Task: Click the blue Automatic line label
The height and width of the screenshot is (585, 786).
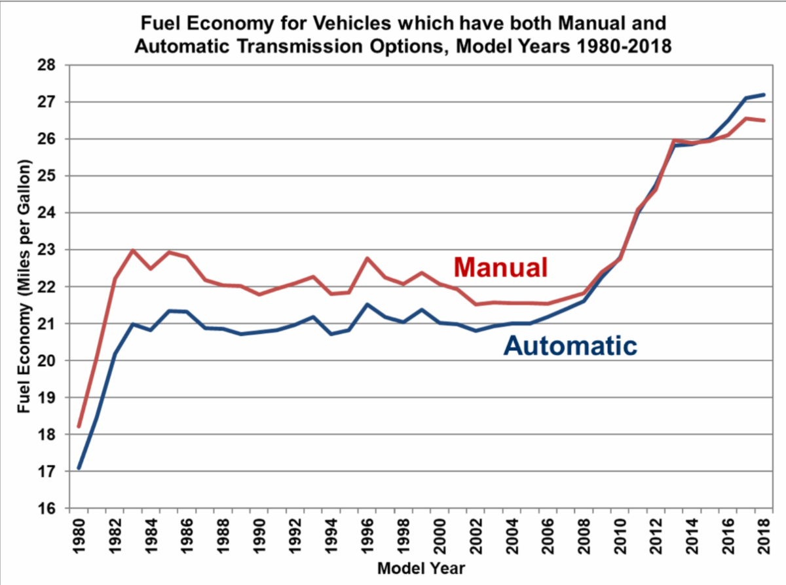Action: click(x=571, y=345)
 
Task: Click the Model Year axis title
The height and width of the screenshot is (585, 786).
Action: click(x=421, y=567)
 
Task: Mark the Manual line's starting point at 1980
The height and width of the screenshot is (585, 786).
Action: click(x=79, y=426)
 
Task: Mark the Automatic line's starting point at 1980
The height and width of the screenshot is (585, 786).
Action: click(x=79, y=468)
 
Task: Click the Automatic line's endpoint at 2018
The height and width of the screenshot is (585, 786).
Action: click(x=764, y=95)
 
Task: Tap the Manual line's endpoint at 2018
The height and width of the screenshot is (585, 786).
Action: click(x=764, y=121)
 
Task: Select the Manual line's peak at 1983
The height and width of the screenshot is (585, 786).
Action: click(x=133, y=250)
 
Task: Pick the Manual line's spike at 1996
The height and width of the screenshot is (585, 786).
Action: click(x=367, y=258)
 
